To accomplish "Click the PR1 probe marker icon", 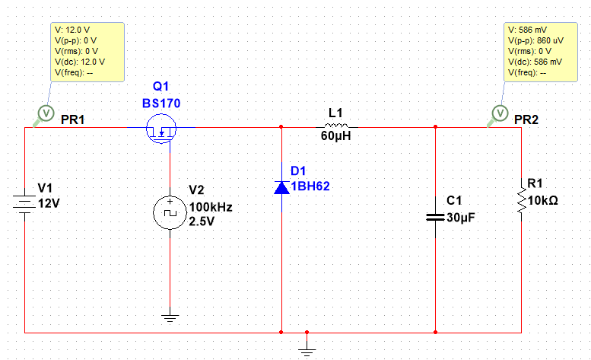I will [x=45, y=113].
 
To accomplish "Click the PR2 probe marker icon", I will [x=500, y=113].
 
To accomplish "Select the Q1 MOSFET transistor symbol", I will [x=161, y=129].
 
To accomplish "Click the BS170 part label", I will [x=161, y=104].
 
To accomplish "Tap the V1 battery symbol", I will [x=25, y=204].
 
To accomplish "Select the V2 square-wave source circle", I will [x=170, y=213].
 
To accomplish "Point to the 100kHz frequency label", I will [x=211, y=207].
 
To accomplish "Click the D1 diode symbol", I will [x=281, y=186].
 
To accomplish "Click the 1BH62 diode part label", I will [x=312, y=186].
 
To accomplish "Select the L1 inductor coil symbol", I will [x=337, y=126].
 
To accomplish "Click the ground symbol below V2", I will [x=170, y=318].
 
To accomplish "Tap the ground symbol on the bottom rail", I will [x=307, y=349].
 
